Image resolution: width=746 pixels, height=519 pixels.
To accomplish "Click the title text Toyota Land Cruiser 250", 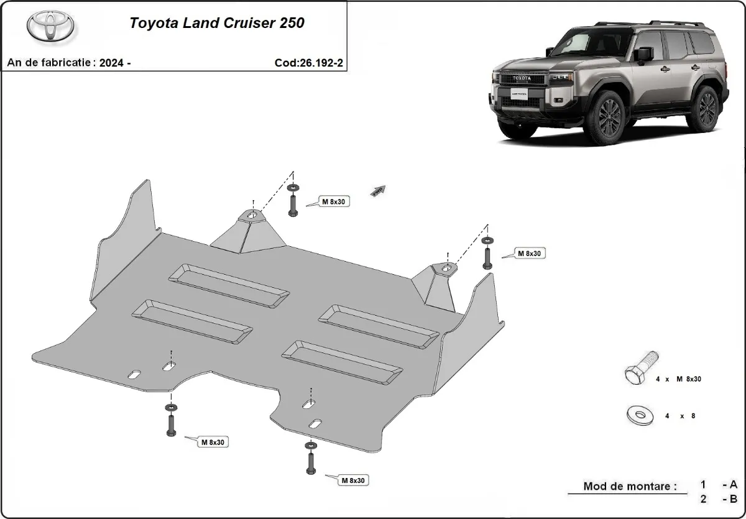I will pyautogui.click(x=216, y=24).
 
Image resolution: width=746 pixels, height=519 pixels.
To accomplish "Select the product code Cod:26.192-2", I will pyautogui.click(x=308, y=63).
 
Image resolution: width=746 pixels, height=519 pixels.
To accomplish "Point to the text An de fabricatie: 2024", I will pyautogui.click(x=68, y=63).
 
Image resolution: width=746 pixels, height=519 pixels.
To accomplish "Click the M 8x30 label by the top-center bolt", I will pyautogui.click(x=334, y=201).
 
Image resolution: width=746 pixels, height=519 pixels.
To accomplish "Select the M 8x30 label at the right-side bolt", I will pyautogui.click(x=529, y=254).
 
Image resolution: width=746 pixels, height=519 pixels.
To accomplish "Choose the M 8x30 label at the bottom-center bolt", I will pyautogui.click(x=352, y=480).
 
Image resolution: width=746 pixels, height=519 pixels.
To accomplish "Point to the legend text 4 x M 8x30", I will pyautogui.click(x=679, y=379).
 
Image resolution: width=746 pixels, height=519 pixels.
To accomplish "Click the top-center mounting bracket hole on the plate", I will pyautogui.click(x=253, y=215).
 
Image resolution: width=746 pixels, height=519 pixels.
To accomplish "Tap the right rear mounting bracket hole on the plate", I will pyautogui.click(x=446, y=268).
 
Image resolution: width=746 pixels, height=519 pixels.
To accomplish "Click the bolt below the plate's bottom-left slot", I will pyautogui.click(x=170, y=423).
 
